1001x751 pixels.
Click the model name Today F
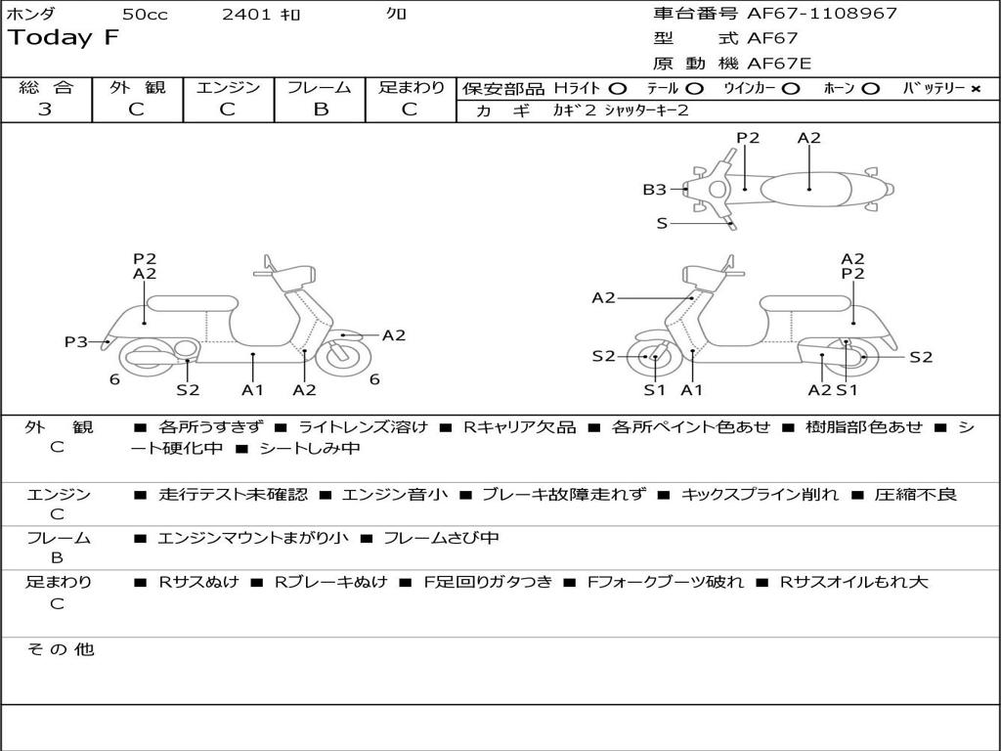(64, 38)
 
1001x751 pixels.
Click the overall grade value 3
(45, 110)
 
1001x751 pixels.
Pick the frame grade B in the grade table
(321, 110)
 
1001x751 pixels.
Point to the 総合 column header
(45, 87)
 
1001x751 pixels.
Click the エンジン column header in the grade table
(228, 87)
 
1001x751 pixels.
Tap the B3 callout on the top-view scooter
(654, 190)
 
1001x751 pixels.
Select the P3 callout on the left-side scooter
(76, 341)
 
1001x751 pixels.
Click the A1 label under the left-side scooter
(252, 390)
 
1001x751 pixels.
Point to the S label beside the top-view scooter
(662, 224)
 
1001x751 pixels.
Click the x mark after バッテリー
(975, 88)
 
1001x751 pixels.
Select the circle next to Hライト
(617, 88)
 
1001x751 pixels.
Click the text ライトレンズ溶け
(363, 427)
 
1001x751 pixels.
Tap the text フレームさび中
(441, 538)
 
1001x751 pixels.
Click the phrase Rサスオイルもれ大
(853, 582)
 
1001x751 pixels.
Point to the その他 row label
(60, 649)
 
